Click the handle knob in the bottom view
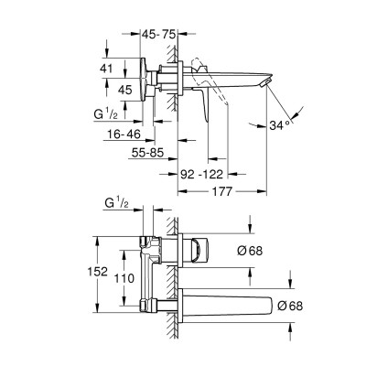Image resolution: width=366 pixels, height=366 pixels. pos(200,247)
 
